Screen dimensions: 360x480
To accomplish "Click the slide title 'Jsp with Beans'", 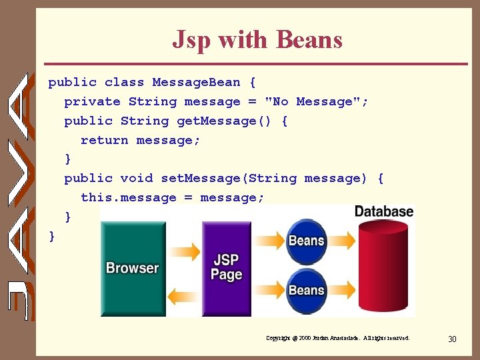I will pos(257,41).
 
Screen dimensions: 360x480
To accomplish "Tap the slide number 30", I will pos(452,339).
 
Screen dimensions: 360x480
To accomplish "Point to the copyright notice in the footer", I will pos(337,339).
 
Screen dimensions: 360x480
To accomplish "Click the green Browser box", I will pos(133,268).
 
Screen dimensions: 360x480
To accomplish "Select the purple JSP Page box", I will pos(226,268).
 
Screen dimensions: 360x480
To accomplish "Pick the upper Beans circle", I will pos(306,241).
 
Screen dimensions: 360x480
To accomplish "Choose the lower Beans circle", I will pos(306,290).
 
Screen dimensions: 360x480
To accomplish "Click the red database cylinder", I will pos(383,267).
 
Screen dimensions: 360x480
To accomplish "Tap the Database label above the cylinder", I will pos(384,212).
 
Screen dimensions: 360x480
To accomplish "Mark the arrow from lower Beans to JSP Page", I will pos(269,291).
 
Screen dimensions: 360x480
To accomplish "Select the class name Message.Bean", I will pos(196,82).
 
